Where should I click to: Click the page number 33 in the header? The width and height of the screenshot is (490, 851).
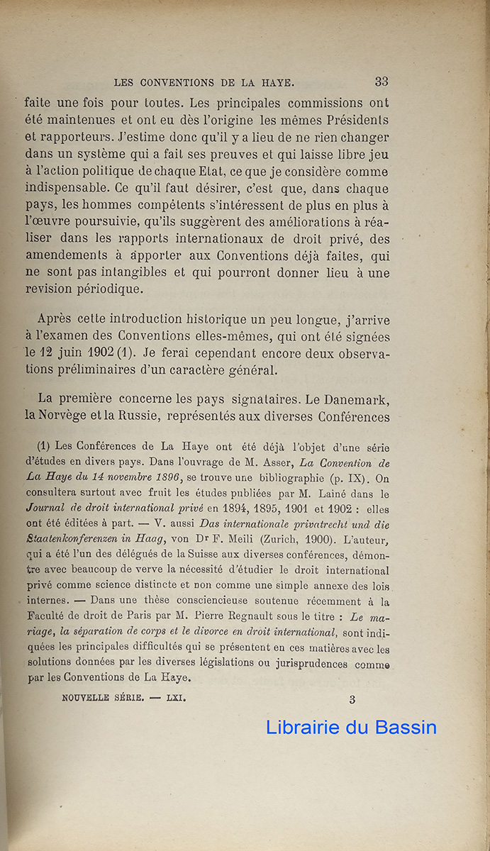point(381,82)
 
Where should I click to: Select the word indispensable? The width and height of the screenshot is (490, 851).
point(76,189)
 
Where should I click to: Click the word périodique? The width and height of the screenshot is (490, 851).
point(110,290)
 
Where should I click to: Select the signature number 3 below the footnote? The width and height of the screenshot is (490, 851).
point(352,699)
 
